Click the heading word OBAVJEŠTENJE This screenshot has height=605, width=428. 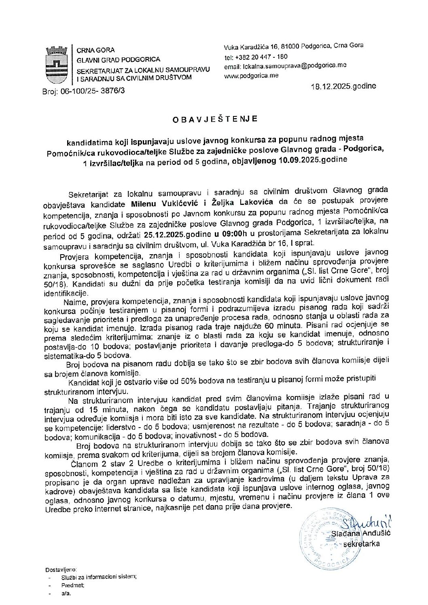(x=214, y=119)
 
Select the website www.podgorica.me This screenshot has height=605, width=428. (x=251, y=76)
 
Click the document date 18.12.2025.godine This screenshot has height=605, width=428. (x=343, y=86)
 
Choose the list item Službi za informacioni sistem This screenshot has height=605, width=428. (x=99, y=577)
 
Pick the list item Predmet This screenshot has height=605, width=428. (x=73, y=585)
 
